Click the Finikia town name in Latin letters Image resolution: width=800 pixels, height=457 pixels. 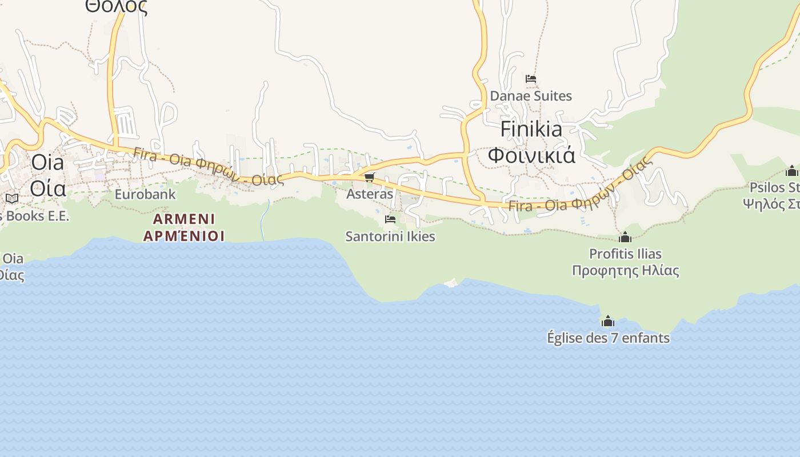(531, 130)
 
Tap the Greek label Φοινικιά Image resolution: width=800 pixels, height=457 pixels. (531, 155)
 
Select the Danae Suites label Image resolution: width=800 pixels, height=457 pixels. (531, 96)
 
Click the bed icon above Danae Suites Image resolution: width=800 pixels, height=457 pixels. (531, 79)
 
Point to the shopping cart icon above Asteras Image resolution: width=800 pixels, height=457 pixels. (370, 178)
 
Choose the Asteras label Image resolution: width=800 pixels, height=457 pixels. (370, 194)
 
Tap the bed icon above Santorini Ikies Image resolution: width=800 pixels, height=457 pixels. (390, 219)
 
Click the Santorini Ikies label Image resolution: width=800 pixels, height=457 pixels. (390, 236)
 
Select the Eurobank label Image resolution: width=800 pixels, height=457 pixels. (145, 194)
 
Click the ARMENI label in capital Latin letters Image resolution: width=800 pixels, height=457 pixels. (184, 219)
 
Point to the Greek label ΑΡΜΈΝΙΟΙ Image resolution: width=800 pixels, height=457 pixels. (184, 236)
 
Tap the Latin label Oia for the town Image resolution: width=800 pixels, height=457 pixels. (47, 162)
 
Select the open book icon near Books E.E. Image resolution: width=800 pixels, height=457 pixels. (12, 199)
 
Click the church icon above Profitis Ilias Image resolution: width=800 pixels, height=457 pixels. (625, 236)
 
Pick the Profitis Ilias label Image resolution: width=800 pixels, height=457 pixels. (625, 254)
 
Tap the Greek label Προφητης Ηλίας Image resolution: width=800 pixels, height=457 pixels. (625, 270)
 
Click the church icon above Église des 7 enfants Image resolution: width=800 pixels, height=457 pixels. (608, 321)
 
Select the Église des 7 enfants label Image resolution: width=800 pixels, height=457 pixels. (608, 338)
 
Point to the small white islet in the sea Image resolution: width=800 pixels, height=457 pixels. (451, 283)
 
